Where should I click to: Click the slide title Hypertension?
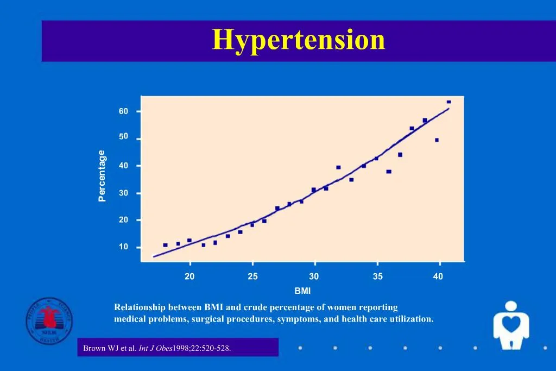[299, 40]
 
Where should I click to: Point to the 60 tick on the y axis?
[124, 111]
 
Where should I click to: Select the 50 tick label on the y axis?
[124, 136]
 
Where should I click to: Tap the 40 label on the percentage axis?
[124, 165]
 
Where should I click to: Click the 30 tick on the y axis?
[124, 193]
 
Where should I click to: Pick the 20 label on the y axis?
[124, 220]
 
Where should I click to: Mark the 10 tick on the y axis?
[124, 247]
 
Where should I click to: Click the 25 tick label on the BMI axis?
[252, 276]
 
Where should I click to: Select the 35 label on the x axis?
[377, 276]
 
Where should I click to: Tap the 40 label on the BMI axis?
[438, 276]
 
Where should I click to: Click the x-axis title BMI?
[302, 291]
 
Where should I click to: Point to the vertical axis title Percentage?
[102, 176]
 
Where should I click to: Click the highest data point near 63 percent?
[448, 102]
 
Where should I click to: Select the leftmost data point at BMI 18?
[165, 245]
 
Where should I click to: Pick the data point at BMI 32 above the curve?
[338, 167]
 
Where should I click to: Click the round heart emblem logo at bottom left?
[49, 320]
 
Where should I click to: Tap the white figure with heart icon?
[510, 325]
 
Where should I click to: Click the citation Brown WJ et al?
[109, 348]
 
